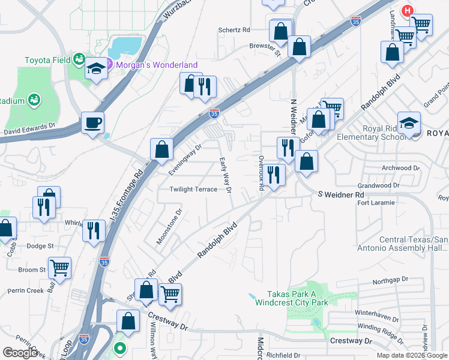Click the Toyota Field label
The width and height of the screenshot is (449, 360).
point(47,60)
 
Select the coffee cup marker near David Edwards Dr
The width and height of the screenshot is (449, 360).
point(92,123)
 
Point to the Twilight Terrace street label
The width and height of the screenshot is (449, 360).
point(193,189)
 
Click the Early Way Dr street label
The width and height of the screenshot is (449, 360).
point(225,175)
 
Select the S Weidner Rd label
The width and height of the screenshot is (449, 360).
point(341,195)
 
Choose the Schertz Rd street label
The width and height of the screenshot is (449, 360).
point(234,29)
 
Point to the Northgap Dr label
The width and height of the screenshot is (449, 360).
point(390,280)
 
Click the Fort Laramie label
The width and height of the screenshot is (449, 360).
point(376,203)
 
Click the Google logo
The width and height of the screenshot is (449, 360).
point(20,353)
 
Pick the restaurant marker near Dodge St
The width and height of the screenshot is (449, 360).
point(93,230)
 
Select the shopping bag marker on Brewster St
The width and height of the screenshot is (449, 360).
point(299,46)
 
